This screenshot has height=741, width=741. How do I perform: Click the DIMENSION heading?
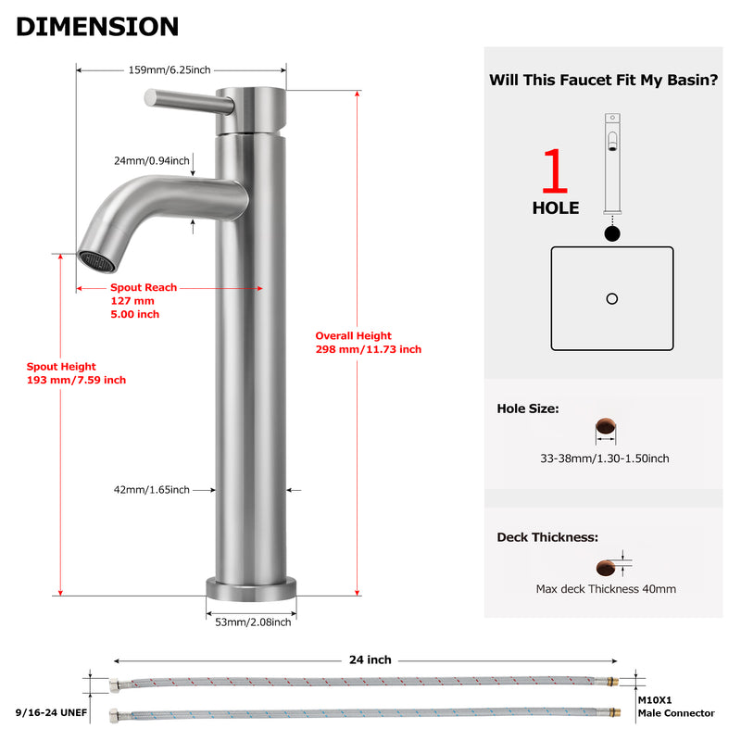[97, 27]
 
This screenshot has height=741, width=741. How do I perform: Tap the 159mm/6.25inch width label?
[170, 70]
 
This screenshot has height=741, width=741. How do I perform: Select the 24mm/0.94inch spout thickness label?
[152, 160]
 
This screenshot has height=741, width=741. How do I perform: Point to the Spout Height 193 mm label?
[77, 373]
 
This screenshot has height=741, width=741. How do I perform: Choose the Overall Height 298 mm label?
[369, 343]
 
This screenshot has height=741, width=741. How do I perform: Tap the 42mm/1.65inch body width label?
[152, 490]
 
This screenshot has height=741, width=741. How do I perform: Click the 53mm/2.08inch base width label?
[253, 622]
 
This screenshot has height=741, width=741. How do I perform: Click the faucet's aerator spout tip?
[97, 261]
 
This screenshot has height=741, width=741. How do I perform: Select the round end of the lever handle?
[150, 97]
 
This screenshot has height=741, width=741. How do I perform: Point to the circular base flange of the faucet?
[251, 589]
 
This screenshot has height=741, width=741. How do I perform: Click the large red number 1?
[555, 170]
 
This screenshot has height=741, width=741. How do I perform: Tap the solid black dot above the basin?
[612, 233]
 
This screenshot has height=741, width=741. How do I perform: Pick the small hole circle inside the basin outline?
[612, 298]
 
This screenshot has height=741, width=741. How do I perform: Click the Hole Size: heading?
[528, 408]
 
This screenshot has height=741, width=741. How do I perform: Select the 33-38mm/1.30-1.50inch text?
[605, 458]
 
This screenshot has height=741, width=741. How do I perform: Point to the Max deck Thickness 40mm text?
[606, 589]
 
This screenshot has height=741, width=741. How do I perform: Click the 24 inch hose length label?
[370, 659]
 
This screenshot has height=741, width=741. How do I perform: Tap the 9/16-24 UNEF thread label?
[52, 712]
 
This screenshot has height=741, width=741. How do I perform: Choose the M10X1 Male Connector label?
[676, 707]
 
